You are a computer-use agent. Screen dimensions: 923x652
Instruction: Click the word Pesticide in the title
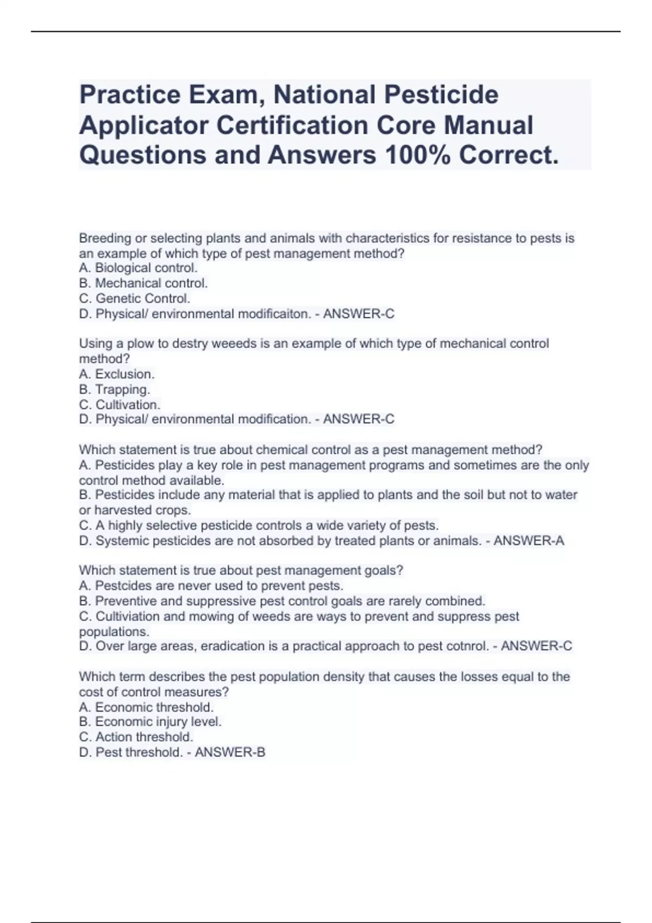[x=441, y=94]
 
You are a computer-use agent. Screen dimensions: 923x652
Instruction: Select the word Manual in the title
[x=488, y=125]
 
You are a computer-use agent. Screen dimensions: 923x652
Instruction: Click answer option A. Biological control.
[x=138, y=268]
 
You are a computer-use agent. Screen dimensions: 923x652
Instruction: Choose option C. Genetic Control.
[x=134, y=298]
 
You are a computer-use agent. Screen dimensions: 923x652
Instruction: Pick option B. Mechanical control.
[x=143, y=283]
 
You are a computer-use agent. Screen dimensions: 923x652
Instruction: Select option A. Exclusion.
[x=116, y=374]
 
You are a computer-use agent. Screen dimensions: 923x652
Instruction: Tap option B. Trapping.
[x=114, y=389]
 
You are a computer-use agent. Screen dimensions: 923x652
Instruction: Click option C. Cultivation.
[x=120, y=404]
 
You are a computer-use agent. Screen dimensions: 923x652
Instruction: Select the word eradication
[x=233, y=646]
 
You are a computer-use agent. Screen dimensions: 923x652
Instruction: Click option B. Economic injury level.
[x=150, y=722]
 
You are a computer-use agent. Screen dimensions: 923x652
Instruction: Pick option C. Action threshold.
[x=136, y=737]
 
